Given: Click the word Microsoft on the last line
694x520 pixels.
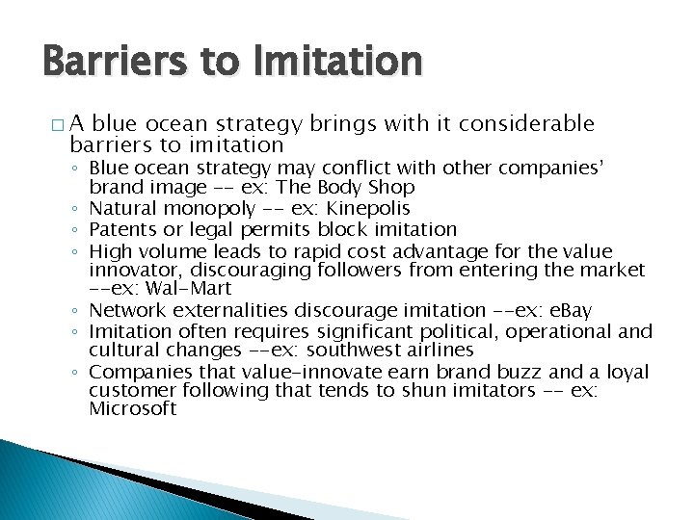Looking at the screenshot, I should coord(132,409).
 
